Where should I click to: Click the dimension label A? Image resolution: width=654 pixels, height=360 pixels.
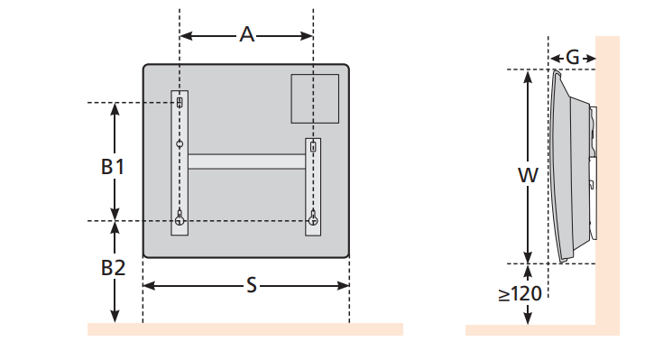coord(247,34)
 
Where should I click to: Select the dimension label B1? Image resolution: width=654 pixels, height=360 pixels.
coord(113,166)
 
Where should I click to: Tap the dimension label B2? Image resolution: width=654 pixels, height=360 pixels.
coord(113,267)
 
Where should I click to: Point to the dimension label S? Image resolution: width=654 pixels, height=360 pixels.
coord(252,285)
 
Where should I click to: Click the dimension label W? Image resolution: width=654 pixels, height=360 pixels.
coord(528,175)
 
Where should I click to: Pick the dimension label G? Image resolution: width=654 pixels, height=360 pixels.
coord(573,57)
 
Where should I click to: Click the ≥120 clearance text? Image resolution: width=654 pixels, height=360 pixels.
coord(520,293)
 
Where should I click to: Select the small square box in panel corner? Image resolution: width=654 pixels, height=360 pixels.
coord(315,99)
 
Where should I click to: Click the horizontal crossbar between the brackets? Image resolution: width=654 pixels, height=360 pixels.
coord(246,162)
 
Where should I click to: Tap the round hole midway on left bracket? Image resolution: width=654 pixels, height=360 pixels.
coord(180,144)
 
